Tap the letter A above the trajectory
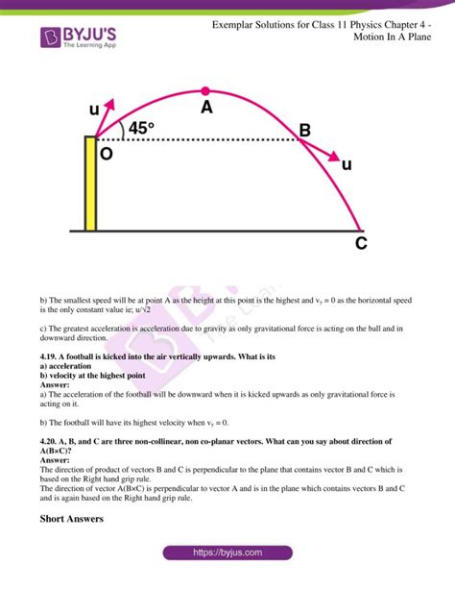(x=206, y=109)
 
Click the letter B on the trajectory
(x=304, y=130)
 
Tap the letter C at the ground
(x=360, y=244)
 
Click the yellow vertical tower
(x=90, y=184)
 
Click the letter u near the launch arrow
(x=94, y=110)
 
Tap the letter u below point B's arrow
(x=347, y=165)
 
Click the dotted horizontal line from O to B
(x=202, y=140)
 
